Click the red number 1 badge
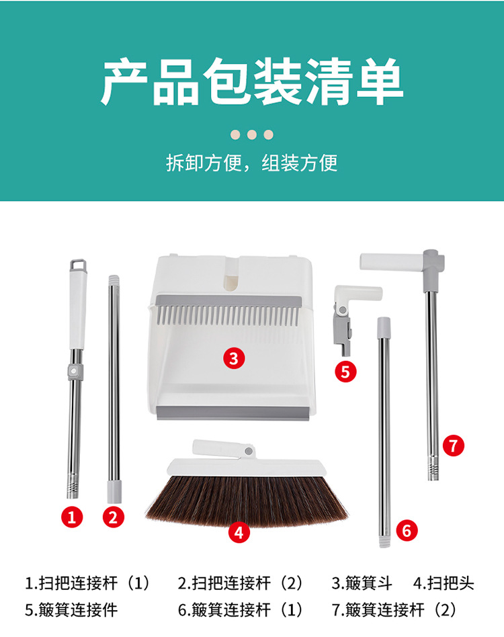[73, 517]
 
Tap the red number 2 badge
[113, 517]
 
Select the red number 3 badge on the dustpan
[233, 358]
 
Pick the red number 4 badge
[239, 532]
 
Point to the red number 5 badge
[345, 372]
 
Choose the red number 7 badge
[454, 445]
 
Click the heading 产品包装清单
[252, 82]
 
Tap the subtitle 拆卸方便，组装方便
[252, 163]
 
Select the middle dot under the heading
[252, 134]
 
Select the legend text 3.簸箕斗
[362, 583]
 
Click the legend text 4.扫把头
[444, 583]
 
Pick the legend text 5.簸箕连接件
[71, 609]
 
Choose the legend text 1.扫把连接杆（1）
[88, 583]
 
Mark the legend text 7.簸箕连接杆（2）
[394, 609]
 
